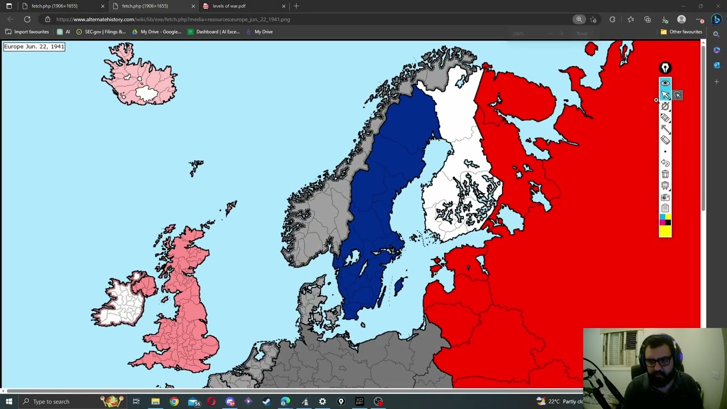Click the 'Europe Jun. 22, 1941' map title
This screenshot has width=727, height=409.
click(x=34, y=47)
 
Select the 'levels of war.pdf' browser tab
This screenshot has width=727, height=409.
click(x=229, y=6)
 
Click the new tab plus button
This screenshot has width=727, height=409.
click(x=296, y=6)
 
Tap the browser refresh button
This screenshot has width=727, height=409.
click(x=27, y=19)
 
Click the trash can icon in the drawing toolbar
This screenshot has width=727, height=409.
click(x=665, y=174)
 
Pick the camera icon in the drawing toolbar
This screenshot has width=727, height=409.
click(x=665, y=197)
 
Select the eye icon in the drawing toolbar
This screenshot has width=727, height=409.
click(x=665, y=83)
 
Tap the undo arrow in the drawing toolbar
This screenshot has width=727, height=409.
click(x=665, y=163)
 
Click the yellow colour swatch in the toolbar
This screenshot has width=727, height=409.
click(x=665, y=231)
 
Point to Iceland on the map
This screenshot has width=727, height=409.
click(x=139, y=77)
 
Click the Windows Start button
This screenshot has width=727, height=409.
click(x=9, y=402)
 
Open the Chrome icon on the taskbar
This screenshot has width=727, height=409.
click(x=174, y=402)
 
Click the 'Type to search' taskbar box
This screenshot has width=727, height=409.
click(x=57, y=402)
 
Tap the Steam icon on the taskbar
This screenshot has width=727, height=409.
click(x=266, y=402)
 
